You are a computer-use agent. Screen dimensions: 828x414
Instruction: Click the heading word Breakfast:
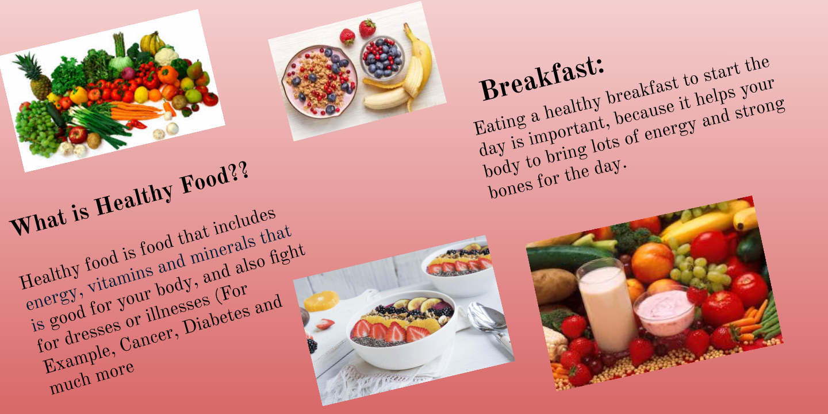click(542, 78)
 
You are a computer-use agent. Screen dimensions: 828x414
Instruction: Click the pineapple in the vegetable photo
click(35, 77)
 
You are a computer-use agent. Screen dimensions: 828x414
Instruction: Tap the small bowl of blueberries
click(382, 57)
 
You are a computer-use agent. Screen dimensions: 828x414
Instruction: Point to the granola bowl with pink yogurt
click(320, 82)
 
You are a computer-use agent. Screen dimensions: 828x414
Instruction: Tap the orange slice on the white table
click(321, 301)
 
